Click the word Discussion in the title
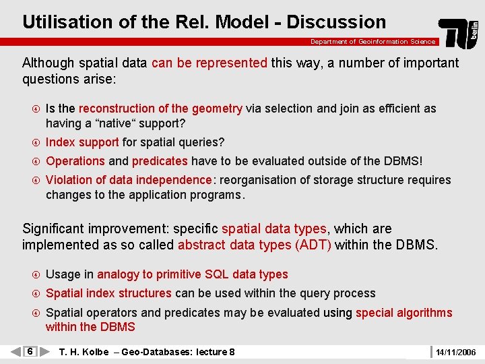click(x=336, y=22)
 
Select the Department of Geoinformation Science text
click(x=373, y=42)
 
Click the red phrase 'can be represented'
click(x=209, y=63)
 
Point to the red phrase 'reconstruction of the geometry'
click(x=160, y=109)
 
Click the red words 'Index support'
click(x=82, y=142)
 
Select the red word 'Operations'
click(x=75, y=161)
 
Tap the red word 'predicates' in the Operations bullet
click(x=160, y=161)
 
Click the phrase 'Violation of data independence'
click(x=129, y=180)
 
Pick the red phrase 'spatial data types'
click(x=274, y=229)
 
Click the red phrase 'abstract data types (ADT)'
click(x=255, y=245)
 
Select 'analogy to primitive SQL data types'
click(x=193, y=274)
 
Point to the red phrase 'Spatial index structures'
click(x=108, y=293)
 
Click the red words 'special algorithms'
click(x=403, y=313)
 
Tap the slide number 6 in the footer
click(x=30, y=352)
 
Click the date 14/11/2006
click(x=455, y=352)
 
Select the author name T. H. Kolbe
click(x=84, y=352)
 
